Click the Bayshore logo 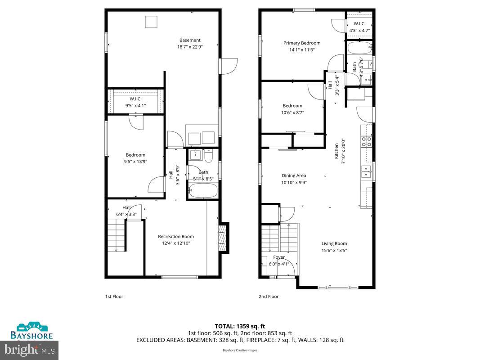click(32, 331)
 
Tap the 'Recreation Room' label click(176, 237)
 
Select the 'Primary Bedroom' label click(302, 43)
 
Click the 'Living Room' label click(334, 244)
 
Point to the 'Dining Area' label click(294, 176)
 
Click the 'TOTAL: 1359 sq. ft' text click(240, 326)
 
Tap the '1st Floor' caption click(114, 297)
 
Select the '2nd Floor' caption click(269, 297)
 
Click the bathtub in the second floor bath click(359, 47)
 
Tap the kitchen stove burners click(367, 142)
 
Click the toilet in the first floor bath click(208, 156)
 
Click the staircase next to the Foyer click(279, 238)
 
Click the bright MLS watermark click(30, 349)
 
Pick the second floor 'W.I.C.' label click(359, 24)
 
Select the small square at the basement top click(151, 22)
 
